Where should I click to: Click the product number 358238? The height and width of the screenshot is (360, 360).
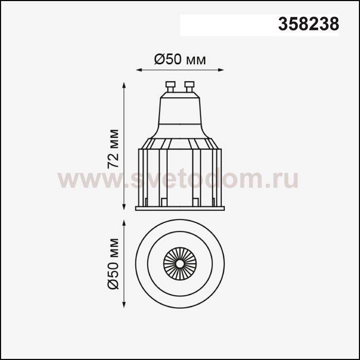[309, 24]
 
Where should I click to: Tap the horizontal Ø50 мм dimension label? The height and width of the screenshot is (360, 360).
[180, 60]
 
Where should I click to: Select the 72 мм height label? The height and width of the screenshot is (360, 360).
[113, 149]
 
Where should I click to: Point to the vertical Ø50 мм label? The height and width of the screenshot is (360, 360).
[113, 264]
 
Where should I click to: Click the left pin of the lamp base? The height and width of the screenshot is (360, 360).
[170, 86]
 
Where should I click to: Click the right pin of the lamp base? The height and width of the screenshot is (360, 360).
[189, 86]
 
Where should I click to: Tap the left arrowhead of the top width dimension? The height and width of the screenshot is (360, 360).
[139, 70]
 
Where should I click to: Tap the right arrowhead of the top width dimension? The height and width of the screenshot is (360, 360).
[221, 70]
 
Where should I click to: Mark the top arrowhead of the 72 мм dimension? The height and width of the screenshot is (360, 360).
[124, 85]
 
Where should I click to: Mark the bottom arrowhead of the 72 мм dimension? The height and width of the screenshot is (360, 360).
[124, 207]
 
